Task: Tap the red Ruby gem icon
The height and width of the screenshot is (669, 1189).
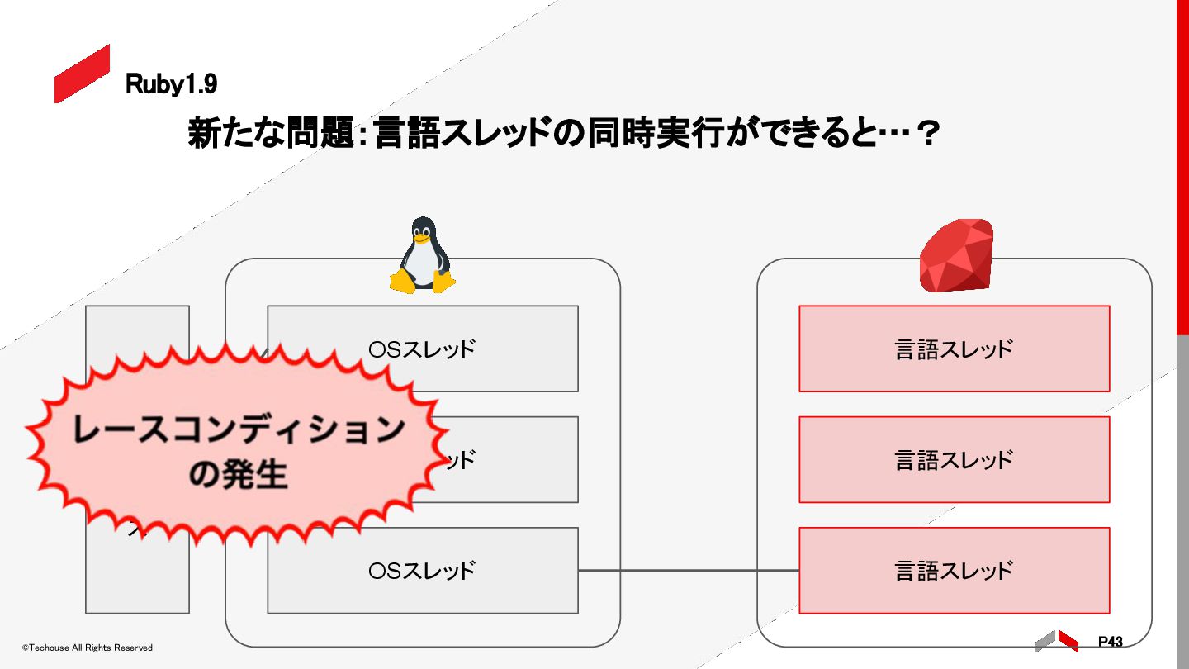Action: coord(956,255)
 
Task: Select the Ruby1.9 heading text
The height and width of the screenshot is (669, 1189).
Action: coord(171,83)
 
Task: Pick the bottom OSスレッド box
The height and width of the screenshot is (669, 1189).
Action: coord(422,571)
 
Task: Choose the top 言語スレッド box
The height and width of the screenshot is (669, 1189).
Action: coord(954,349)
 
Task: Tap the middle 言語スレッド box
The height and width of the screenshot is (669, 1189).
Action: coord(954,459)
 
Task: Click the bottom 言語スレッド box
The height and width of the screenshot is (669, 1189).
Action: coord(954,571)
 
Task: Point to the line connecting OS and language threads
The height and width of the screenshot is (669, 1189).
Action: coord(688,571)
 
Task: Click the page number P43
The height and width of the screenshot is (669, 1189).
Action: coord(1110,642)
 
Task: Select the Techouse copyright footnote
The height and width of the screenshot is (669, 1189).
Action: coord(88,648)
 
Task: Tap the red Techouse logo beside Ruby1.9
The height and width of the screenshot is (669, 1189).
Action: coord(82,74)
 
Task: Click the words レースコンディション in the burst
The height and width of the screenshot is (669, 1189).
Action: coord(239,430)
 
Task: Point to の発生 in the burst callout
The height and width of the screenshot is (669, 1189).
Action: coord(238,475)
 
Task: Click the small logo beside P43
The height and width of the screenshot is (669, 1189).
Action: coord(1056,641)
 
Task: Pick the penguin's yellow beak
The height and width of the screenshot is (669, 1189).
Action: coord(422,240)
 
